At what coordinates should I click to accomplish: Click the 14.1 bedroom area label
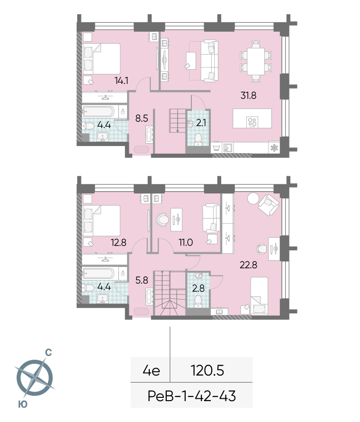121,81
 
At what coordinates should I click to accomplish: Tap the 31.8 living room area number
248,95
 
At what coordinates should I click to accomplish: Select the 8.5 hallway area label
142,118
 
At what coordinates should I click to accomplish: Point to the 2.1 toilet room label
201,123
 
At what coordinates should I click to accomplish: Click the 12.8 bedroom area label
118,242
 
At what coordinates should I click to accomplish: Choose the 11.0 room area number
186,242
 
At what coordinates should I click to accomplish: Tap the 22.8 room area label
248,265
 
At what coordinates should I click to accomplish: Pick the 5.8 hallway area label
142,280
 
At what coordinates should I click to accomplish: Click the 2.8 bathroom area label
198,288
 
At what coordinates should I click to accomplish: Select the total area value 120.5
207,370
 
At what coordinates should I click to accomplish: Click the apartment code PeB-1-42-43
192,396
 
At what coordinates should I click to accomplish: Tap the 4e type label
152,371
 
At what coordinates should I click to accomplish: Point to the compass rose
35,377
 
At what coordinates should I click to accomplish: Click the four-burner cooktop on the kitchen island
252,122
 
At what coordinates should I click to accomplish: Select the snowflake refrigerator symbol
275,147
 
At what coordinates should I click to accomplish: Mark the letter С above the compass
48,352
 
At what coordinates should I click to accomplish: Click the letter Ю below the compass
23,404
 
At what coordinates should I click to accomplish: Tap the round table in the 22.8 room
253,199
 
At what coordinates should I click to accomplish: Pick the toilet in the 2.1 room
198,139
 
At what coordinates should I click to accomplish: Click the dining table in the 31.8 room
256,61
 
